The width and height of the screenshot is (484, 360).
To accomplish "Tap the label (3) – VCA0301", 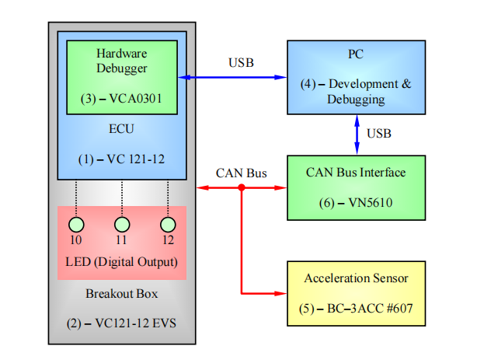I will tap(121, 99).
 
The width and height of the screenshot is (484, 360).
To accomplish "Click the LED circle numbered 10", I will tap(77, 225).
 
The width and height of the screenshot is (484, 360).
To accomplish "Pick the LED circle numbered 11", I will tap(121, 225).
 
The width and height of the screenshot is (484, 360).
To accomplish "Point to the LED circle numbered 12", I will tap(168, 225).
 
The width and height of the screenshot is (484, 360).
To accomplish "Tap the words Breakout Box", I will tap(121, 294).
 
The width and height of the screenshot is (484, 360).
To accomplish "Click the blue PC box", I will tap(356, 76).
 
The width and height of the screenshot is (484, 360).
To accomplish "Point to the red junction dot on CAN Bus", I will tap(242, 188).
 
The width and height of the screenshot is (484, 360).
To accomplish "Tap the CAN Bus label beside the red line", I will tap(242, 173).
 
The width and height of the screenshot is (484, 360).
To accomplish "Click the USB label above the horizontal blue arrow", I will tap(241, 62).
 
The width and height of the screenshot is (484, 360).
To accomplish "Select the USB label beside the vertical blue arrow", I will tap(379, 134).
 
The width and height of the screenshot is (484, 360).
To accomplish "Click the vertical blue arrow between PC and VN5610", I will tap(357, 135).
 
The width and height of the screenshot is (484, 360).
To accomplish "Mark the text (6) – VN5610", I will tap(356, 201).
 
